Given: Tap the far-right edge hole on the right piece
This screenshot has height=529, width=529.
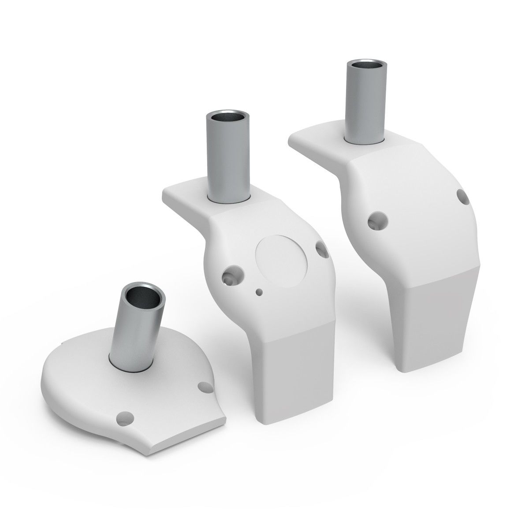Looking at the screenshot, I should (463, 197).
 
